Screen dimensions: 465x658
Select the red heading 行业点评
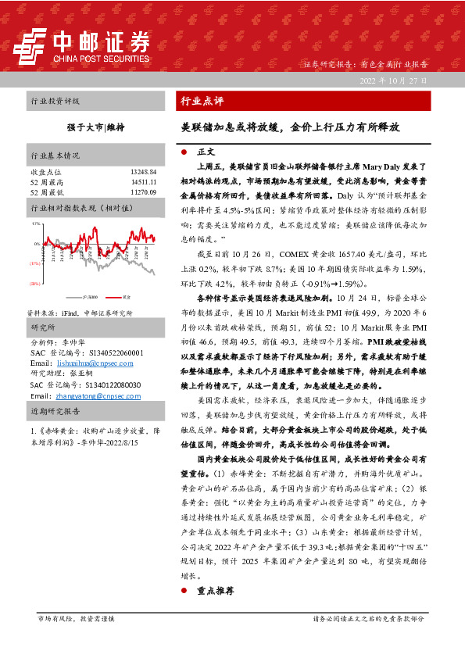click(x=202, y=102)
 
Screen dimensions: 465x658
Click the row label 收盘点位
click(x=45, y=171)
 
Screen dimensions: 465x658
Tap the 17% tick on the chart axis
click(x=36, y=224)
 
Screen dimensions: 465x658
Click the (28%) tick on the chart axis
click(x=35, y=284)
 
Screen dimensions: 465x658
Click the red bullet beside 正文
click(x=183, y=151)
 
